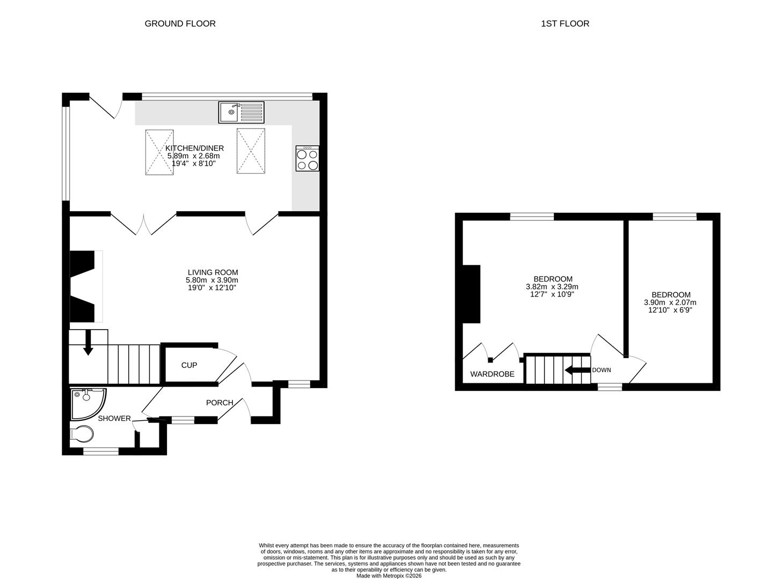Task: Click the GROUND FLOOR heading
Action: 180,24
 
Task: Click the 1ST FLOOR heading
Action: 565,24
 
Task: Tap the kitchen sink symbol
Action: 241,112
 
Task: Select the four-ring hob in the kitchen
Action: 307,159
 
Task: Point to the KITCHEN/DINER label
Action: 194,149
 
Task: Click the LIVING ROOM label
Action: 213,272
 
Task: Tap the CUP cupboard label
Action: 189,366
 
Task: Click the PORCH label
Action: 220,403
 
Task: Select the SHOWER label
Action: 114,418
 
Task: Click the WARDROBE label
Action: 492,374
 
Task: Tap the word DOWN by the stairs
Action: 601,370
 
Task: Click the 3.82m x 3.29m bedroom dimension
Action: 552,287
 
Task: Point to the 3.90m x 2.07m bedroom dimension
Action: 670,302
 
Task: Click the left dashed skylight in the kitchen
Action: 159,152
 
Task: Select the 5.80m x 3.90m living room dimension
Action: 211,280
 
